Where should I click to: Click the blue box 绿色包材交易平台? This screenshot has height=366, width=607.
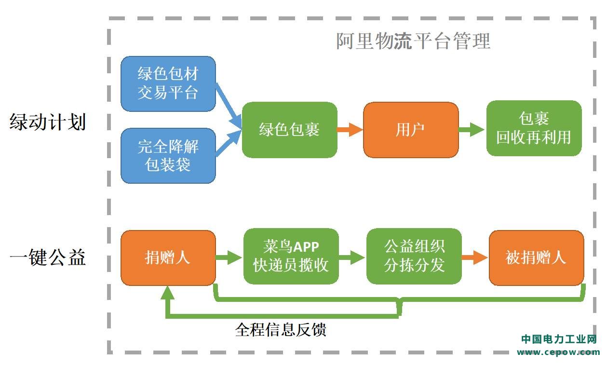tap(168, 84)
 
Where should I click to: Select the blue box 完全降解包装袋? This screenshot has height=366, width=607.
tap(168, 156)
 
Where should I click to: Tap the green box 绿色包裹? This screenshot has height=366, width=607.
tap(289, 130)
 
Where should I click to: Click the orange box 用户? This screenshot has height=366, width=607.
tap(411, 130)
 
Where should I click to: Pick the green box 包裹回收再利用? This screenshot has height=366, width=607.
tap(534, 128)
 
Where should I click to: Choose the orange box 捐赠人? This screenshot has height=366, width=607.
tap(168, 258)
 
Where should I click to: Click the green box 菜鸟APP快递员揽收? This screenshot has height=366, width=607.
tap(291, 256)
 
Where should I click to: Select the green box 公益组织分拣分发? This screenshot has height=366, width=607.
tap(414, 256)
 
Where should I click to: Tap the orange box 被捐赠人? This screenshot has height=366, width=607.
tap(537, 258)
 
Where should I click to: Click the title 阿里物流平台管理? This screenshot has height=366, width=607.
tap(413, 41)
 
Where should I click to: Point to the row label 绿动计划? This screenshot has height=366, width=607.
tap(48, 122)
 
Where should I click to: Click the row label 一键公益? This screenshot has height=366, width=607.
tap(48, 257)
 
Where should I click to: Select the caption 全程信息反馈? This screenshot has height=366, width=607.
tap(281, 330)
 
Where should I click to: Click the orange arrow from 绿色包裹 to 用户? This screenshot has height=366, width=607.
tap(350, 130)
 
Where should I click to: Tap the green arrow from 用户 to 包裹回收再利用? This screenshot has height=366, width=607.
tap(472, 130)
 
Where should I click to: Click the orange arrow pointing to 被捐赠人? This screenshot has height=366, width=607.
tap(475, 258)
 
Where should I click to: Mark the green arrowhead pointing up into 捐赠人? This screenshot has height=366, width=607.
tap(167, 293)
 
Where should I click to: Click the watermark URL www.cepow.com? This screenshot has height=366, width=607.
tap(558, 352)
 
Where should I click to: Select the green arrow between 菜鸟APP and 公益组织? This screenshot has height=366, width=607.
tap(352, 258)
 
